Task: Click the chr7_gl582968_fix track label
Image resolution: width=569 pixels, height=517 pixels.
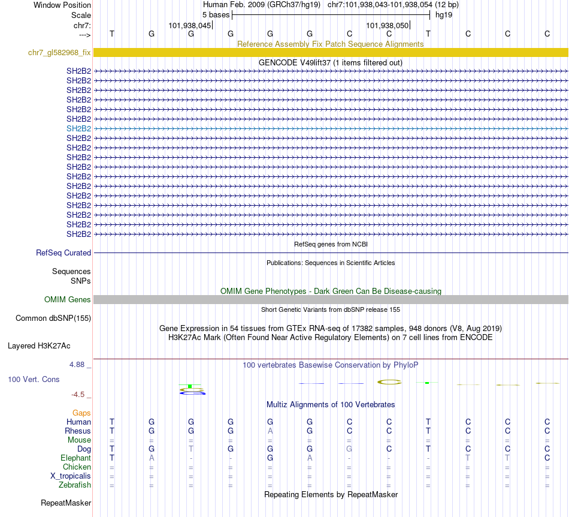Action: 59,53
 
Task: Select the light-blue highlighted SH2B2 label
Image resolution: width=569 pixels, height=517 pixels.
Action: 78,128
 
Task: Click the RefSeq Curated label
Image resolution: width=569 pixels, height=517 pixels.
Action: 63,253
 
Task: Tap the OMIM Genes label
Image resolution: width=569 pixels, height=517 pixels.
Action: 67,300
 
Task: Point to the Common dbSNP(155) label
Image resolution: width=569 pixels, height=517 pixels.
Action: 53,318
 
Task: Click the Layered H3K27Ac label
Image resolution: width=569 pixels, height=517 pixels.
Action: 39,346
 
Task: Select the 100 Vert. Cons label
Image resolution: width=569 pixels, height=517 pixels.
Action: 34,380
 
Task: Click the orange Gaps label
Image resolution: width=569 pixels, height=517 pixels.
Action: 81,413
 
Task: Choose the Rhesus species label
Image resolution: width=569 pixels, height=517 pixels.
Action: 78,431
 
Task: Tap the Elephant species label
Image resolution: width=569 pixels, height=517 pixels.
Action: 75,458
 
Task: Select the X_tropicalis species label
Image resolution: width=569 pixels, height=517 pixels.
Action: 71,476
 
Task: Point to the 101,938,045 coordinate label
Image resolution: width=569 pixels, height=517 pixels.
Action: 190,26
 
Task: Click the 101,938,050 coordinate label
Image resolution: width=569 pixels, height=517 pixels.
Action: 388,26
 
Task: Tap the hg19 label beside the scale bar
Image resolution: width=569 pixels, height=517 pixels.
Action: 444,14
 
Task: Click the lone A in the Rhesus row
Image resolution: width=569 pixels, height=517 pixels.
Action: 270,431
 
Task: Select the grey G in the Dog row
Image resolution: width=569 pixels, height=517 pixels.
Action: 349,449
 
